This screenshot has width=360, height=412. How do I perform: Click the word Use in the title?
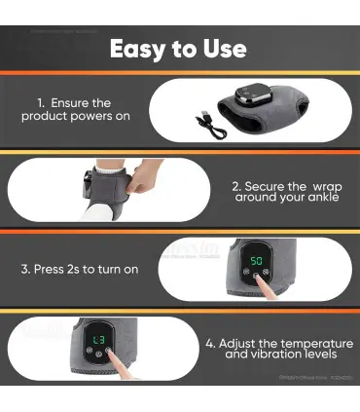coord(225,49)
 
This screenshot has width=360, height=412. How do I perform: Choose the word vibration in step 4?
coord(267,356)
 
